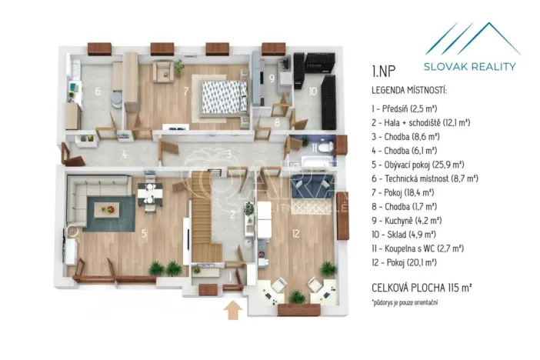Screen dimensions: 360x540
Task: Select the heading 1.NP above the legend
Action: (x=384, y=74)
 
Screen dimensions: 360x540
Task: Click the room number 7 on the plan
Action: (x=185, y=91)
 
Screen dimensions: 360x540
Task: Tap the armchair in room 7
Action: (x=164, y=71)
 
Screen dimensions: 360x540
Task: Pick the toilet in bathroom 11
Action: (x=326, y=147)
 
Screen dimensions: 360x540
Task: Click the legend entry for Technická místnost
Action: (x=425, y=178)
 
